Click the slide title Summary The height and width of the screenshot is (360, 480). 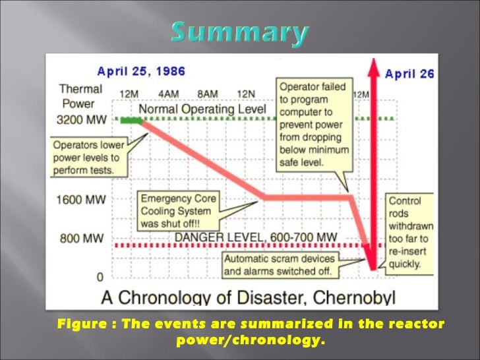tap(240, 32)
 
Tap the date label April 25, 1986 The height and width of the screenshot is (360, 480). tap(141, 71)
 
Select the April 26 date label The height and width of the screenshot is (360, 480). tap(409, 73)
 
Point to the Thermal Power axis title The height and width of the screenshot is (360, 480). tap(80, 96)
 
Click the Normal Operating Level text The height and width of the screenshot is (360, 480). tap(203, 109)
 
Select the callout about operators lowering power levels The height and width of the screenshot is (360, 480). tap(86, 158)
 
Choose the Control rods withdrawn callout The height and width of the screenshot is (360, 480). tap(408, 233)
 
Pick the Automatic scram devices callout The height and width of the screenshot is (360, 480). tap(282, 264)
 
